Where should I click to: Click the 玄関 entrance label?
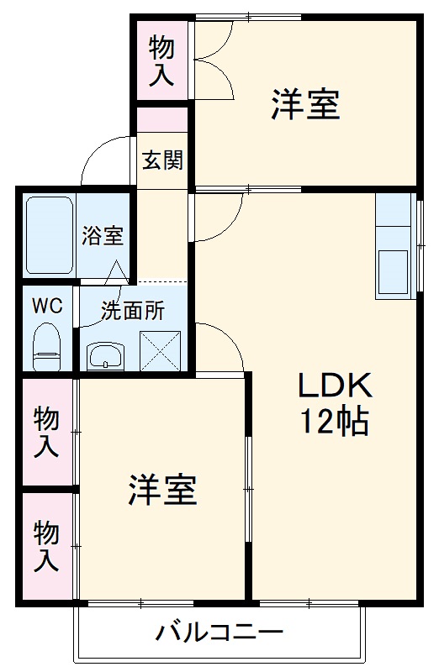(x=162, y=160)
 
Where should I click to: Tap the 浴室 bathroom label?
(x=103, y=236)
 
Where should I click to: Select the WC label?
(x=47, y=306)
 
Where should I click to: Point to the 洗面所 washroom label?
(x=133, y=311)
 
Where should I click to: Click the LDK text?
(x=334, y=386)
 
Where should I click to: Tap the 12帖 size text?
(x=334, y=421)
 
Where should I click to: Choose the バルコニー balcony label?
(x=219, y=633)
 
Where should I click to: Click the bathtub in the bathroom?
(x=50, y=234)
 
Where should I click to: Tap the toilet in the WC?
(x=47, y=345)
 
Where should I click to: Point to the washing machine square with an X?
(x=161, y=351)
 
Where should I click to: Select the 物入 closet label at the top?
(x=162, y=61)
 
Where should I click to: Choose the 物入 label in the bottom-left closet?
(x=47, y=546)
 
